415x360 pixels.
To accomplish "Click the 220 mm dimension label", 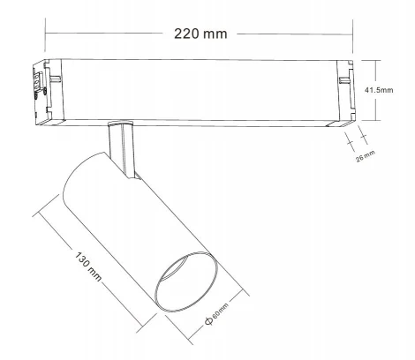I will click(x=201, y=34).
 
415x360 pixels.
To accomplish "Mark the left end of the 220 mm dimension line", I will click(x=45, y=34).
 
